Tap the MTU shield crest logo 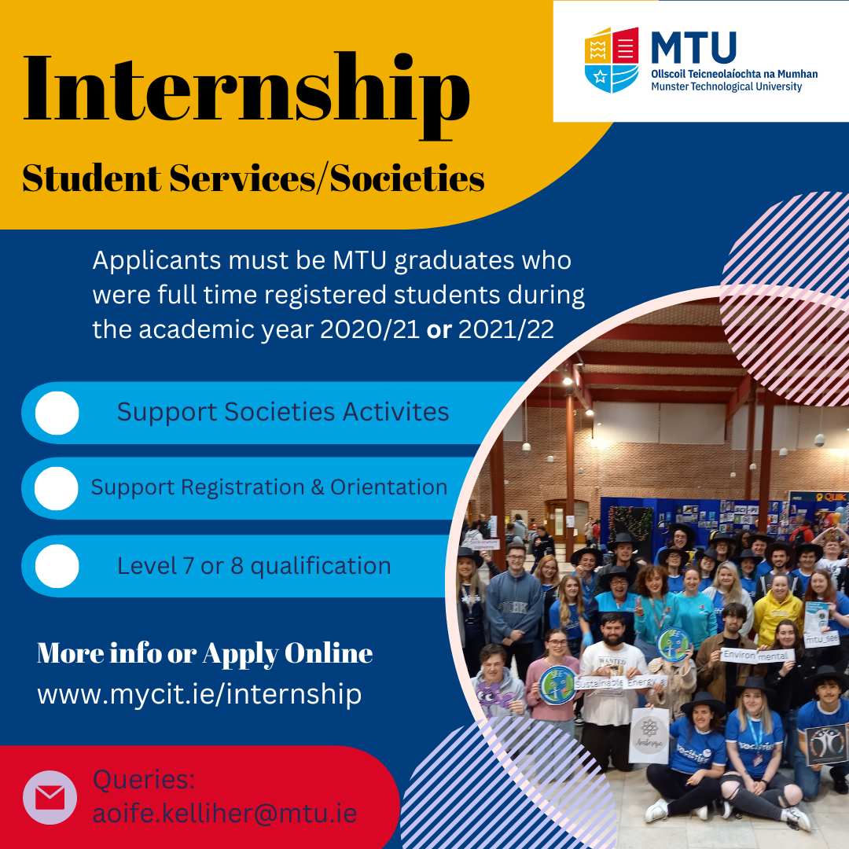coord(612,60)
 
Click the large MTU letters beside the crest coord(693,48)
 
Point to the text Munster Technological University coord(726,86)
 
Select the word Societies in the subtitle coord(407,178)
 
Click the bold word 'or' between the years coord(439,329)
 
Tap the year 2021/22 coord(506,329)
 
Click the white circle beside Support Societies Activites coord(57,413)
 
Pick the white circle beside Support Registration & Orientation coord(57,488)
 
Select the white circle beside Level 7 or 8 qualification coord(57,566)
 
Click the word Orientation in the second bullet coord(389,487)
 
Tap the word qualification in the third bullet coord(321,566)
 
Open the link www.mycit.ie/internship coord(199,695)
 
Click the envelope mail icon coord(50,798)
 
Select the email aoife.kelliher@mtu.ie coord(225,814)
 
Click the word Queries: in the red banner coord(144,780)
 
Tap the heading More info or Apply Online coord(204,653)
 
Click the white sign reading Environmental coord(757,656)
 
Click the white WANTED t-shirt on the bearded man coord(612,683)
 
